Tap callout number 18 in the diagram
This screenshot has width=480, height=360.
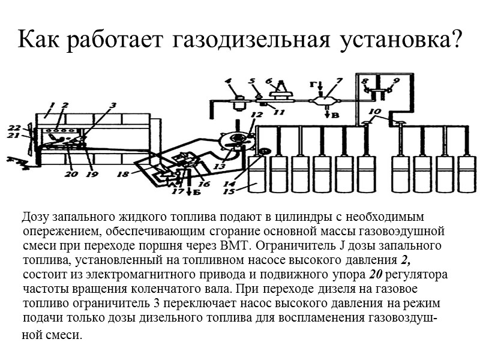click(122, 175)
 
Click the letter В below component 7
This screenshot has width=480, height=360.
click(336, 115)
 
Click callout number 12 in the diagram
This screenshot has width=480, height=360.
click(257, 114)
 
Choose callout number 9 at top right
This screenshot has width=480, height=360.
click(396, 80)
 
